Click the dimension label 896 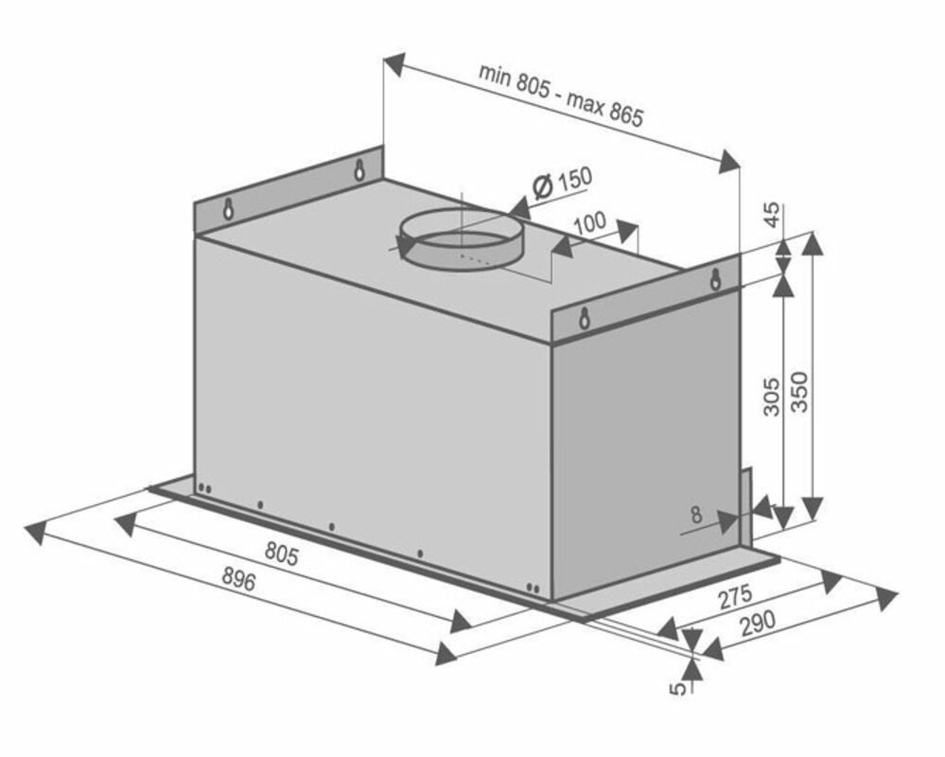[239, 579]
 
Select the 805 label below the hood [282, 554]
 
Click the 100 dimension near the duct [589, 223]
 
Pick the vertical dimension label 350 [799, 392]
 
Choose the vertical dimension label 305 [772, 396]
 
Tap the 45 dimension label [772, 215]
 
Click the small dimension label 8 [696, 516]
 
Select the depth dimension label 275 [735, 597]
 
